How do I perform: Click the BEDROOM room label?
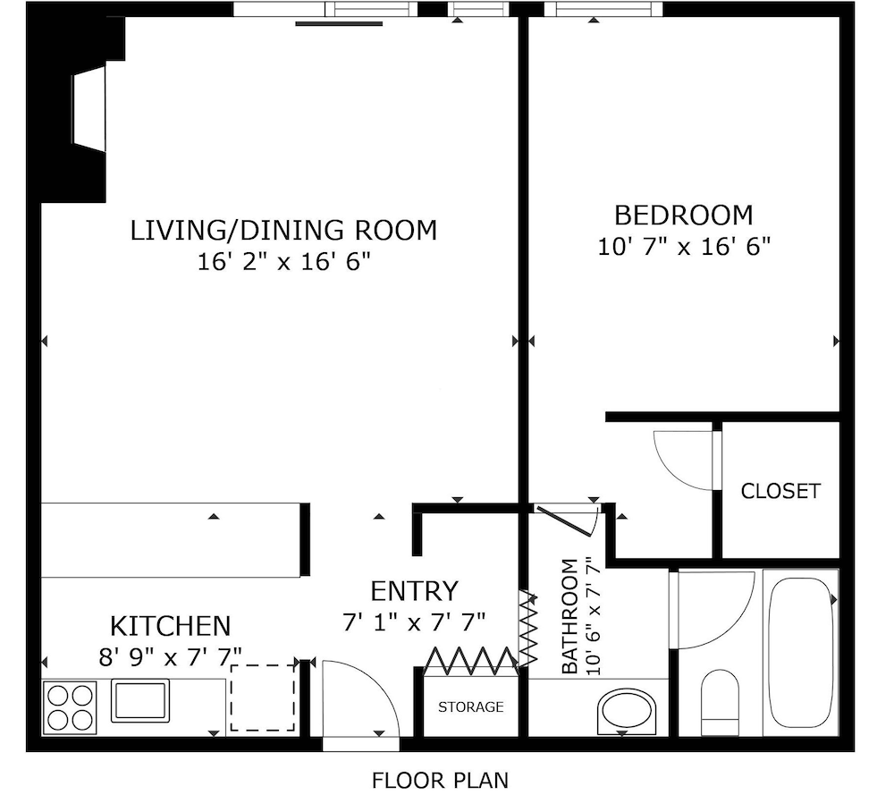coord(684,216)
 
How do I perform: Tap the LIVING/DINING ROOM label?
coord(284,231)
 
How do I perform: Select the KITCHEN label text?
coord(171,626)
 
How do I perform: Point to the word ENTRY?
coord(415,591)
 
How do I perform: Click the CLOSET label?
coord(780,491)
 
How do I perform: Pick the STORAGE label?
coord(471,707)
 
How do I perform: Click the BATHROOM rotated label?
coord(569,616)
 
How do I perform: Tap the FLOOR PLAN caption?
coord(440,780)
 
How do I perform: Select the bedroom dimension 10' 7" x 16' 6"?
coord(684,247)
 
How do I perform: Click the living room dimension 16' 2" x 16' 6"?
coord(284,262)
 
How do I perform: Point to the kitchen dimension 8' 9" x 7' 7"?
coord(171,657)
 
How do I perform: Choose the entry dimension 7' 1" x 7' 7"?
coord(414,622)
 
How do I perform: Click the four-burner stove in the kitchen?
coord(70,707)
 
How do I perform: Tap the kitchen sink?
coord(139,700)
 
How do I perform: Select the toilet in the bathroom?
coord(720,703)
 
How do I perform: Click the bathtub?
coord(801,653)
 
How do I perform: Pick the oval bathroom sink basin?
coord(626,712)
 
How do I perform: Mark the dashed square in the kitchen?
coord(263,698)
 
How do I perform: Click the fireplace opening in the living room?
coord(89,108)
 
